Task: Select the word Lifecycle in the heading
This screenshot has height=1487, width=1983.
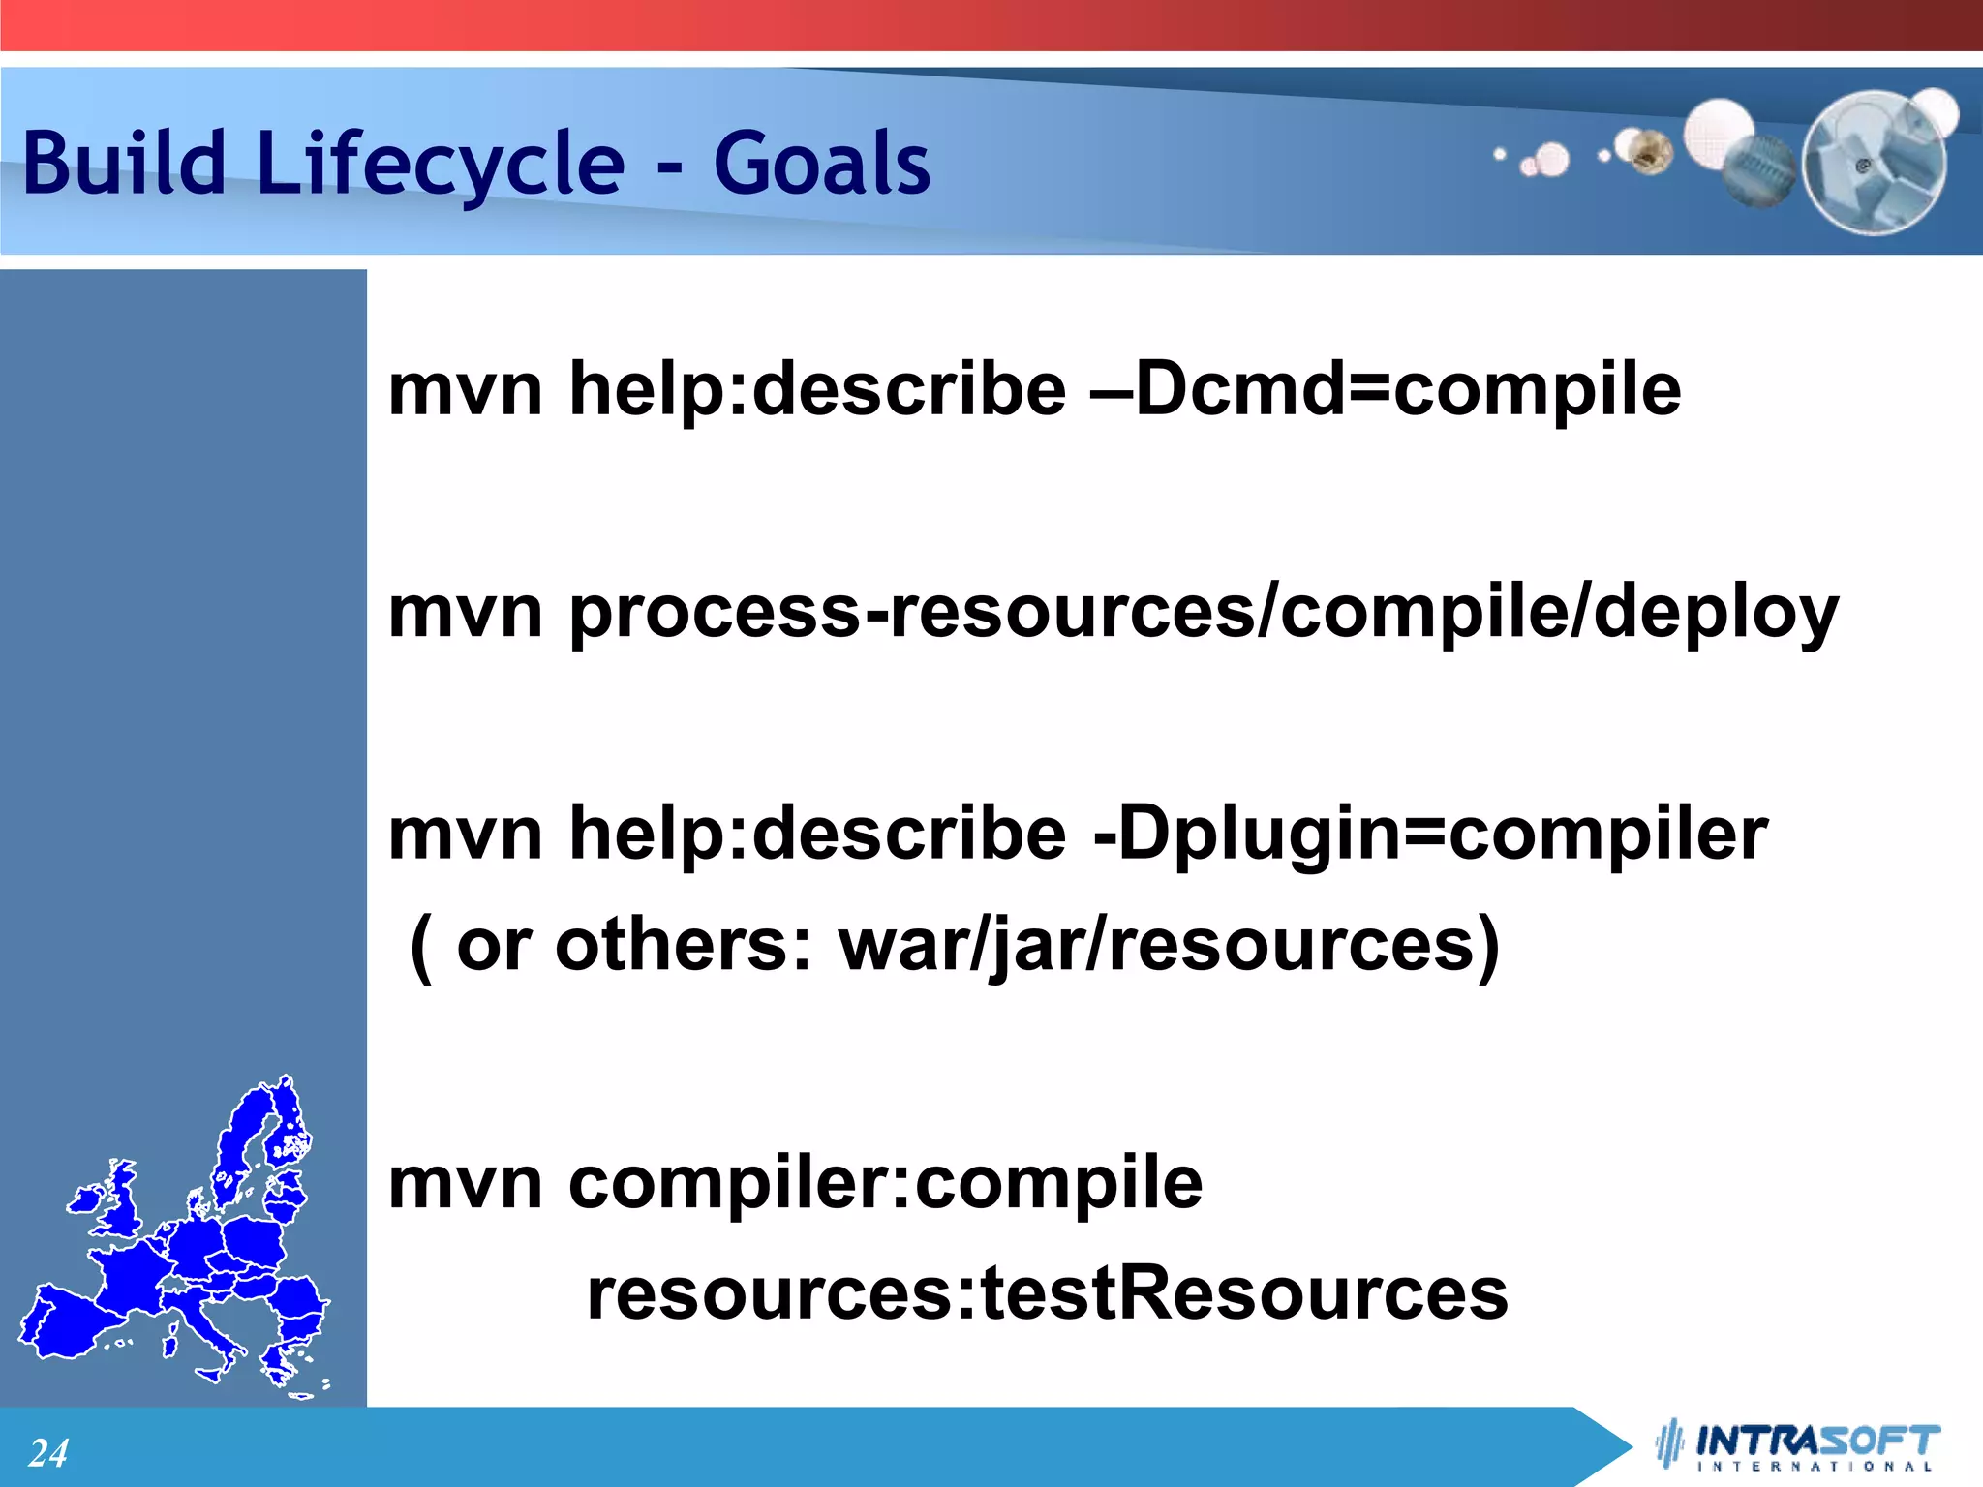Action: point(441,165)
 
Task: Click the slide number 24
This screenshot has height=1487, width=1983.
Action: point(47,1453)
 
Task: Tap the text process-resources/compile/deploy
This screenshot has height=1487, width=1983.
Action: point(1203,612)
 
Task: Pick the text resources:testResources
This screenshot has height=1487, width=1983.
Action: point(1047,1293)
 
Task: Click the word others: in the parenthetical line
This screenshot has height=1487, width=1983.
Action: point(683,945)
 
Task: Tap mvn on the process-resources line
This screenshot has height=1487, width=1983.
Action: point(465,612)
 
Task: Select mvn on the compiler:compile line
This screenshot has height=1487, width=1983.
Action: point(465,1183)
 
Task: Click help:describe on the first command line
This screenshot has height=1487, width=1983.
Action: point(817,389)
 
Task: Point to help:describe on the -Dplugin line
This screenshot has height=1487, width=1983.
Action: point(817,834)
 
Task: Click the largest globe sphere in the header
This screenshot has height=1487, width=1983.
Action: point(1874,163)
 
